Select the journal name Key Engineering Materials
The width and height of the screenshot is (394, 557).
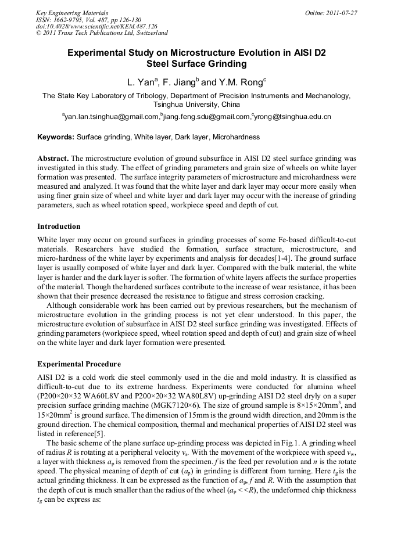pyautogui.click(x=72, y=12)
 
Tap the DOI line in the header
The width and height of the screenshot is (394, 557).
pyautogui.click(x=96, y=26)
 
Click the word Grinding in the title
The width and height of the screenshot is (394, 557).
pyautogui.click(x=225, y=64)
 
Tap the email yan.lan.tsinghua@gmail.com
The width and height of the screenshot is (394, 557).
pyautogui.click(x=111, y=117)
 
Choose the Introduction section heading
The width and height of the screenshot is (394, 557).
pyautogui.click(x=59, y=226)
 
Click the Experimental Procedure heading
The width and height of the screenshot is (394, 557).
pyautogui.click(x=79, y=364)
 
